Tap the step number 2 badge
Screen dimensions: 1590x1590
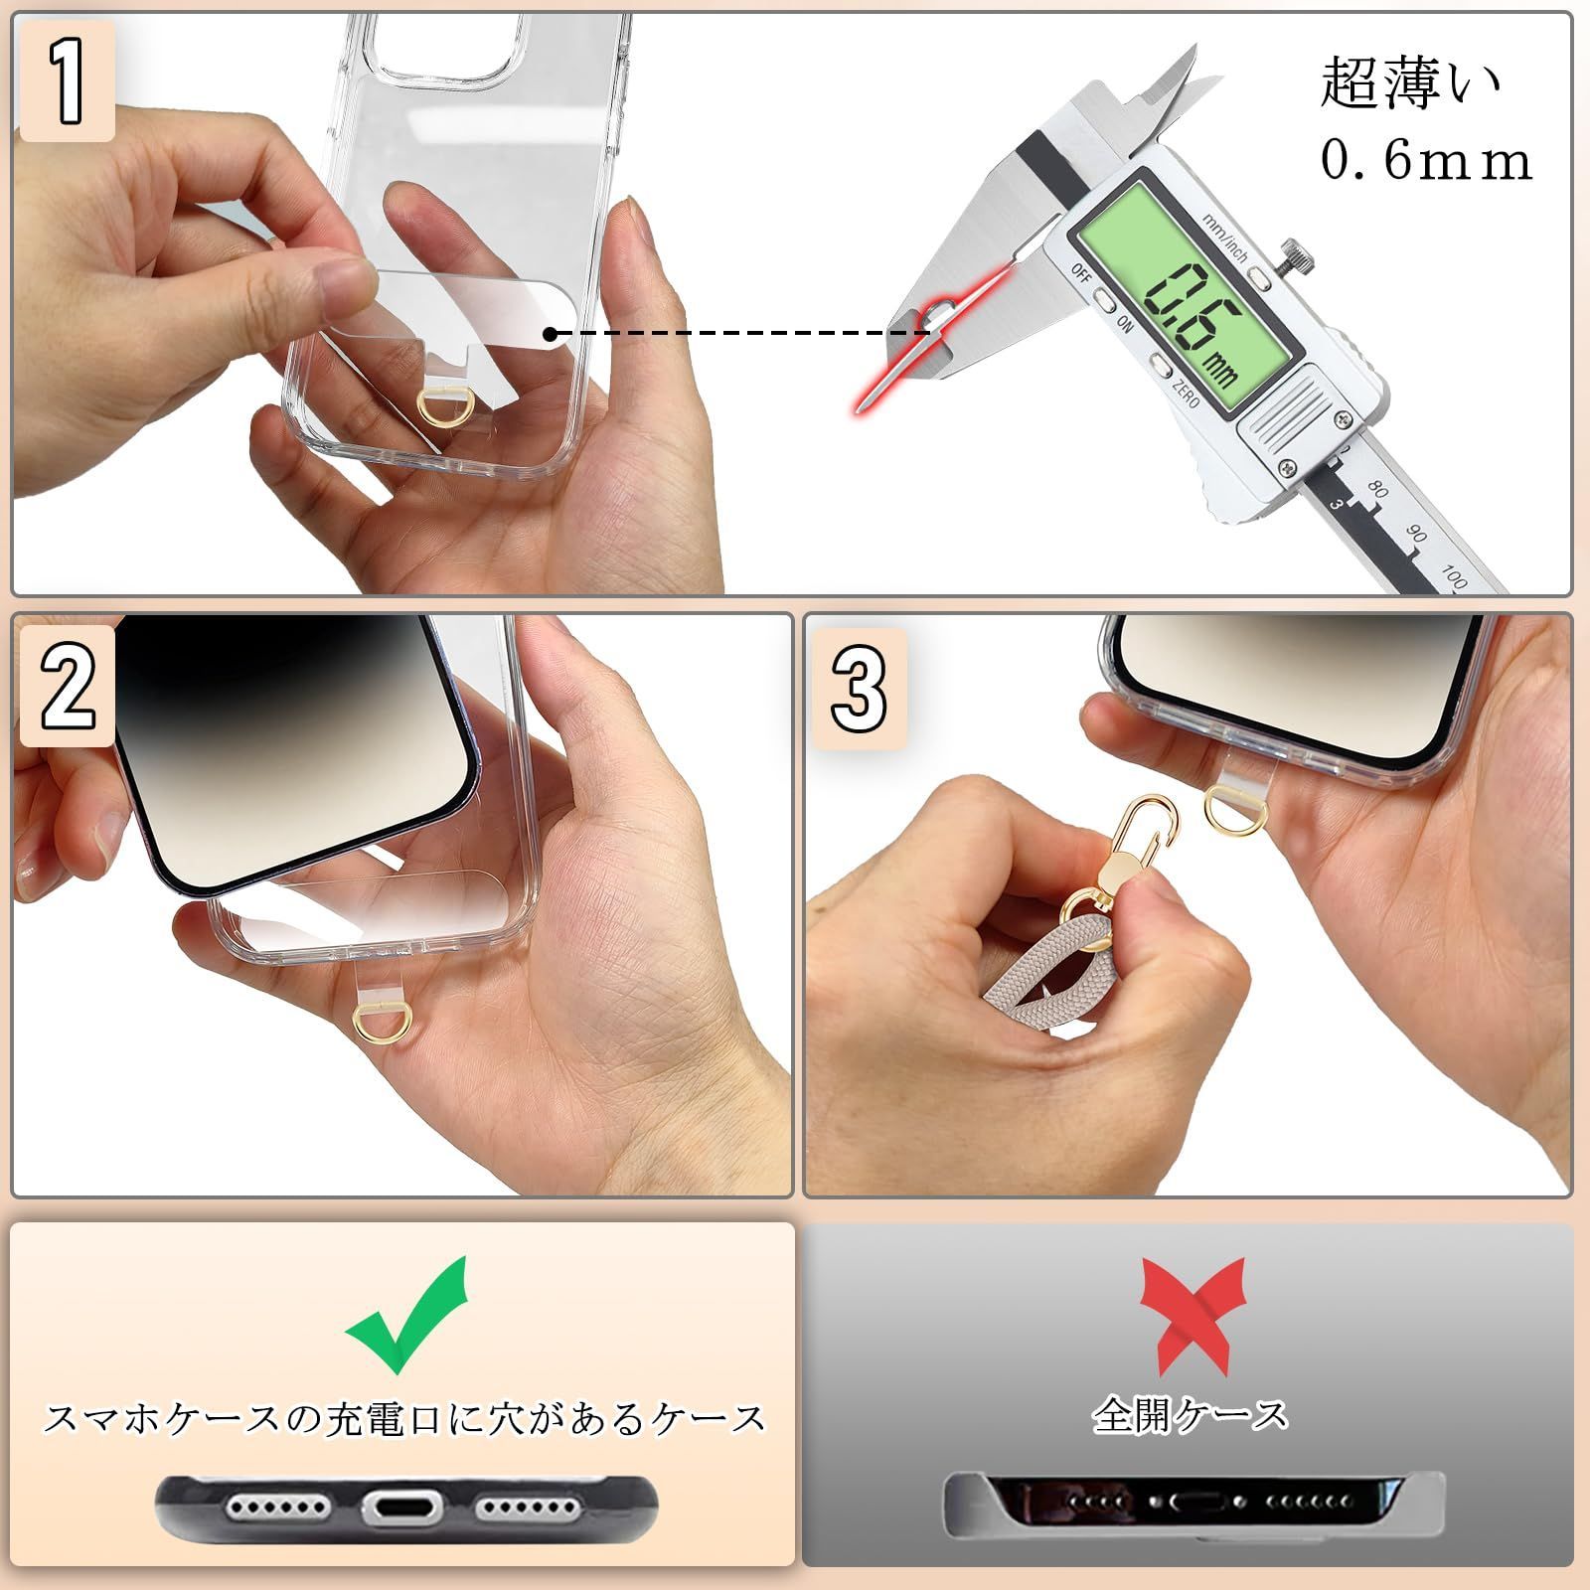[67, 686]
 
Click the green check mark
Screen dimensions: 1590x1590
[406, 1314]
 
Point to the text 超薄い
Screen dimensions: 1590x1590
[1409, 84]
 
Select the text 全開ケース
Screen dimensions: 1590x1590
[1190, 1415]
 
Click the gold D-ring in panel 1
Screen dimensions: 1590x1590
[434, 405]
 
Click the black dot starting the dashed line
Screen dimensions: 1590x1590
[550, 334]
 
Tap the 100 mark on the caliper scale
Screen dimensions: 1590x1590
[1454, 575]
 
